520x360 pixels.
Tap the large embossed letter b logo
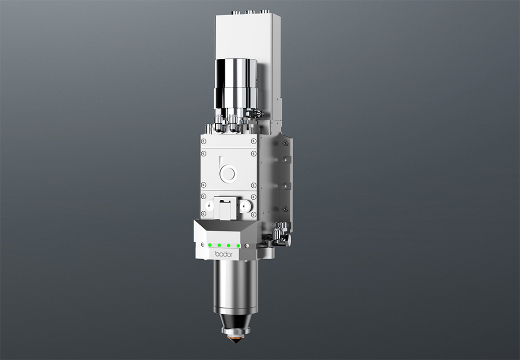227,170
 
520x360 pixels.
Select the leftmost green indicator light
210,245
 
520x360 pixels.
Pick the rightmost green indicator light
238,245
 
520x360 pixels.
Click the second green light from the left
219,245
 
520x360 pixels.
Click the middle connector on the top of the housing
250,11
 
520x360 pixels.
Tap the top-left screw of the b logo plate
203,141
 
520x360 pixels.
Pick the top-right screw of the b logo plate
253,141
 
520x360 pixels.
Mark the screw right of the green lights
247,245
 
